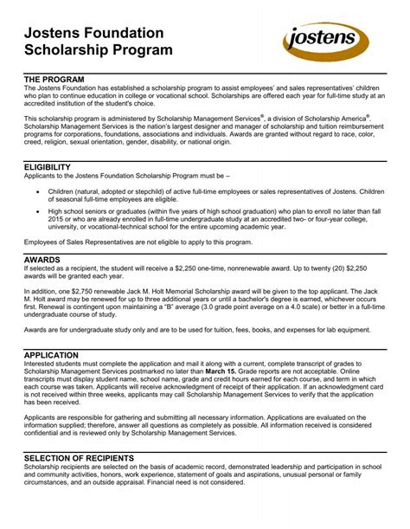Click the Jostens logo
pos(326,41)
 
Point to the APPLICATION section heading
pos(57,355)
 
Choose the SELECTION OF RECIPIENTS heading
pos(91,456)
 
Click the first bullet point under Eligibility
pos(34,189)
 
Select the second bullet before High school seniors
pos(34,210)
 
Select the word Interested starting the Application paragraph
pos(42,364)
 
